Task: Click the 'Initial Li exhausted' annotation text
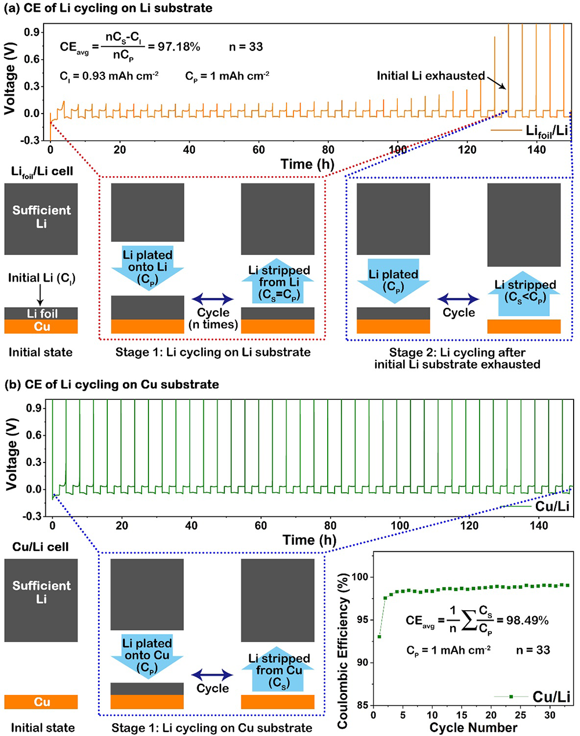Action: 430,76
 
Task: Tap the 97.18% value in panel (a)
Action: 179,46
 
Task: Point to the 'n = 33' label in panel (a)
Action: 245,46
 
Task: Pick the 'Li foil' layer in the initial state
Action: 42,314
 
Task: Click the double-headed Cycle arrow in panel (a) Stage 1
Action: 212,299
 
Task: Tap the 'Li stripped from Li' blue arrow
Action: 278,283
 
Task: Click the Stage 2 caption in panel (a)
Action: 457,358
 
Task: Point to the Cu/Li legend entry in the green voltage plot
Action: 552,507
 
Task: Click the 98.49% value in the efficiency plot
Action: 527,620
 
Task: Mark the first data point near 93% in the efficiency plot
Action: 379,636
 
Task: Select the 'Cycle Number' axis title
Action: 473,727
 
